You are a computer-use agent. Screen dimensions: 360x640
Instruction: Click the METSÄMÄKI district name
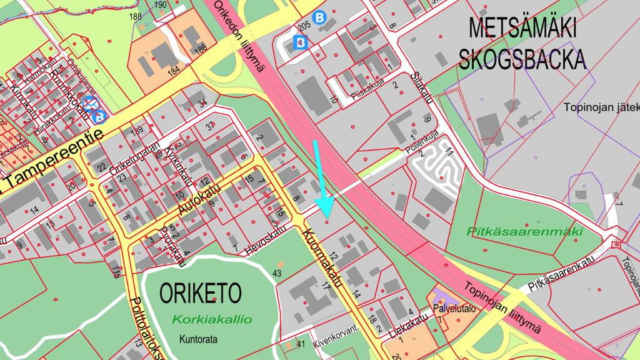[522, 29]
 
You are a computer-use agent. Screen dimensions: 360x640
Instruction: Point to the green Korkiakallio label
[212, 319]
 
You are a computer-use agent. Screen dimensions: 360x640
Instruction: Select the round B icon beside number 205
[320, 18]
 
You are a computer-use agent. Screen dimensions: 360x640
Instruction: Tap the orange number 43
[277, 273]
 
